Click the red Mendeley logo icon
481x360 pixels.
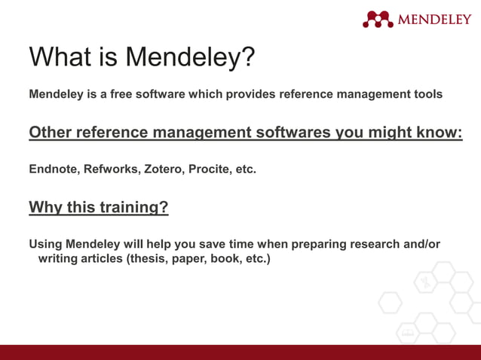(378, 19)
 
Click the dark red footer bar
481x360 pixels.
(240, 352)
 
